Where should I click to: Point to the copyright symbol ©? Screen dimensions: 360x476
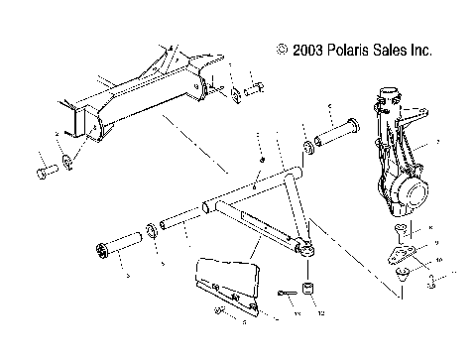(284, 48)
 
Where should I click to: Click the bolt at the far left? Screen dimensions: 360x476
(45, 175)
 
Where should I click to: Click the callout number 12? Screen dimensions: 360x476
(320, 313)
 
